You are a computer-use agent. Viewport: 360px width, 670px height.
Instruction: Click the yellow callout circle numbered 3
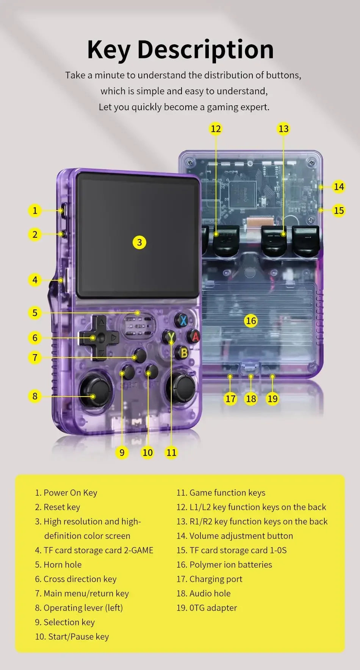pyautogui.click(x=139, y=242)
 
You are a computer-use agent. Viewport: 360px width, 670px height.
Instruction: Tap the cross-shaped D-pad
pyautogui.click(x=99, y=337)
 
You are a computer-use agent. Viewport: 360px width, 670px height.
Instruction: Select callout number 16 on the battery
pyautogui.click(x=251, y=321)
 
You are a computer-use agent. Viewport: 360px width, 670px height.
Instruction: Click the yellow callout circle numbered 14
pyautogui.click(x=339, y=187)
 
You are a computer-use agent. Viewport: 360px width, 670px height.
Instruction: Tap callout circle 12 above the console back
pyautogui.click(x=216, y=129)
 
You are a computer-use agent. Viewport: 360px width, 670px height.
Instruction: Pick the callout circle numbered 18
pyautogui.click(x=251, y=398)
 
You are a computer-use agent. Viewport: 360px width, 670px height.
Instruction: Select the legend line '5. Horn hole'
pyautogui.click(x=58, y=564)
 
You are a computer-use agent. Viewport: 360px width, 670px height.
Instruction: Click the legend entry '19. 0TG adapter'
pyautogui.click(x=207, y=608)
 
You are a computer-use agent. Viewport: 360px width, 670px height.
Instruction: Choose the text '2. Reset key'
pyautogui.click(x=58, y=507)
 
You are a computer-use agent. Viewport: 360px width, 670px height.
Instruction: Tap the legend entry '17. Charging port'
pyautogui.click(x=209, y=579)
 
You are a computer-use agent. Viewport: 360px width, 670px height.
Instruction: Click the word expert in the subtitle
pyautogui.click(x=255, y=107)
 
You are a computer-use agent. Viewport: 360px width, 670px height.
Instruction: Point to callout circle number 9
pyautogui.click(x=122, y=452)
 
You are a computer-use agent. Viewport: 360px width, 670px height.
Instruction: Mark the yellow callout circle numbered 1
pyautogui.click(x=35, y=210)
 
